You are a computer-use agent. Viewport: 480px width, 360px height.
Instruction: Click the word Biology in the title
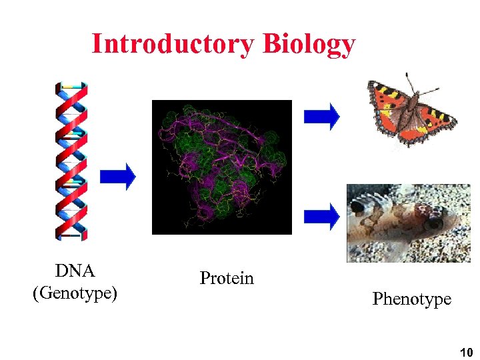point(309,44)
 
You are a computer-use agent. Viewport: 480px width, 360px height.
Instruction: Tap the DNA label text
point(75,271)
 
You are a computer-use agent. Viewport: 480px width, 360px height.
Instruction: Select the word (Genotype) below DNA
point(75,292)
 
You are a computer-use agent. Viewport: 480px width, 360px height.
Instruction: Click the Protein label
point(227,278)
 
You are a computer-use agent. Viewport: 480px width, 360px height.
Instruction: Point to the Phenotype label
point(411,299)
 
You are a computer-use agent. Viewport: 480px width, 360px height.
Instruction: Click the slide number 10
point(466,351)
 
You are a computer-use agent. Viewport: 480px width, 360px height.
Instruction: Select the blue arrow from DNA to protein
point(118,176)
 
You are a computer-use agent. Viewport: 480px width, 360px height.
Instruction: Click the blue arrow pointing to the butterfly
point(321,115)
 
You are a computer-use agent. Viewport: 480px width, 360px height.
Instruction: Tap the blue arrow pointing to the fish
point(321,215)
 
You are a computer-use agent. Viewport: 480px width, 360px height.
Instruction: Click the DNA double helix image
point(71,160)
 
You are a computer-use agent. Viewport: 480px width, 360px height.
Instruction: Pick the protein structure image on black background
point(222,167)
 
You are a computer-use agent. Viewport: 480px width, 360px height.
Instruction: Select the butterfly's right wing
point(437,120)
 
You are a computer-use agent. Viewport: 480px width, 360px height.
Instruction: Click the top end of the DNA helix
point(71,85)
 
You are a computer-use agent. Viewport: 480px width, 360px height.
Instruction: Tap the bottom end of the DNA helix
point(71,235)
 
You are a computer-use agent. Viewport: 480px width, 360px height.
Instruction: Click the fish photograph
point(407,223)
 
